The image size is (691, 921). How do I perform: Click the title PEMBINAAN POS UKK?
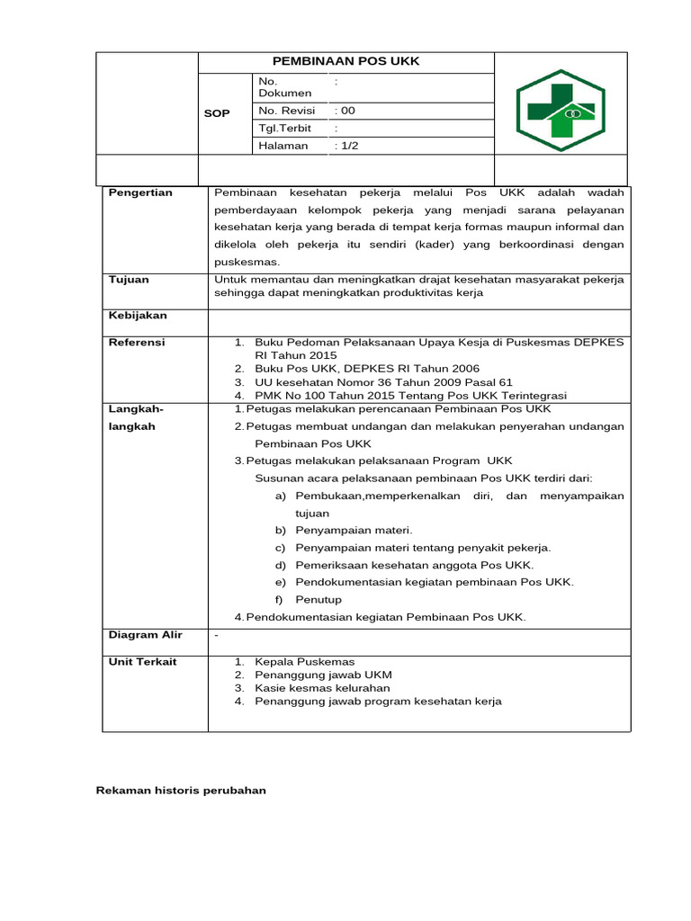[x=346, y=61]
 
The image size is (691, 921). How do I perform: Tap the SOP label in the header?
[x=218, y=113]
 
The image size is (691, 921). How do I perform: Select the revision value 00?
[x=345, y=111]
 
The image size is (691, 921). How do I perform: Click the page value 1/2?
[x=346, y=146]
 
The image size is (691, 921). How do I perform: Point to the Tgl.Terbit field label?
[x=284, y=129]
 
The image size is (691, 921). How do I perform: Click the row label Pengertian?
[x=140, y=192]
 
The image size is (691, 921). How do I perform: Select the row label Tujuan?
[x=129, y=280]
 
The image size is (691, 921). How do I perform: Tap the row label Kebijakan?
[x=138, y=316]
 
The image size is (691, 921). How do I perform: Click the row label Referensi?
[x=137, y=343]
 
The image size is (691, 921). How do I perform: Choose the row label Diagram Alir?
[x=145, y=635]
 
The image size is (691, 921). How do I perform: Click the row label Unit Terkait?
[x=142, y=662]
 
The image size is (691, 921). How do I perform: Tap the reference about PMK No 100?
[x=410, y=396]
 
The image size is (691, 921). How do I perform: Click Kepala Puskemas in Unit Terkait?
[x=304, y=662]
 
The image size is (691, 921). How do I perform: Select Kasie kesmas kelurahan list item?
[x=322, y=688]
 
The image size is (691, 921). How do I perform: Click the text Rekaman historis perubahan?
[x=181, y=791]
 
